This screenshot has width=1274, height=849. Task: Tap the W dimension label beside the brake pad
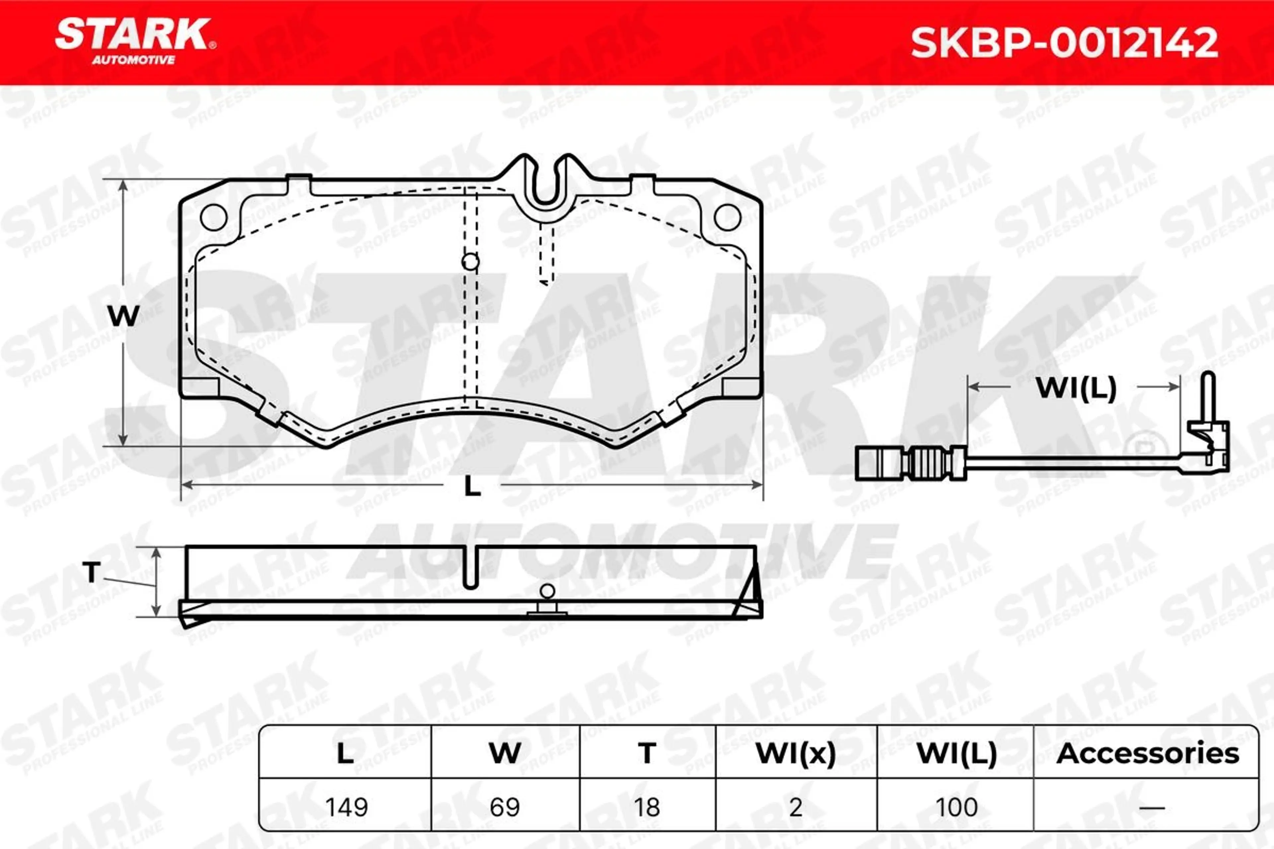click(x=123, y=316)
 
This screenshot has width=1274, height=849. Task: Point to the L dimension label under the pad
click(x=472, y=486)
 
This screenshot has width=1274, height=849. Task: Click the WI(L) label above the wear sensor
click(x=1076, y=388)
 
